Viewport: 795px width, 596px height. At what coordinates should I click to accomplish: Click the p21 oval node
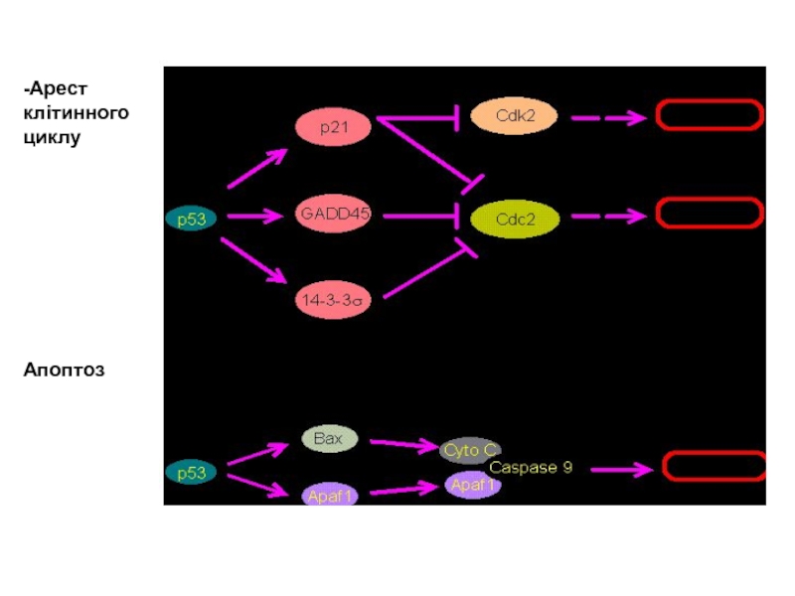(333, 127)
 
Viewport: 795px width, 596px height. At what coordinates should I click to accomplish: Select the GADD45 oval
(333, 214)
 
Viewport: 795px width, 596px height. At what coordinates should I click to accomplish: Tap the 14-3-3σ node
(333, 300)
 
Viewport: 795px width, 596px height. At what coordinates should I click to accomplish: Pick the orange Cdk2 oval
(514, 116)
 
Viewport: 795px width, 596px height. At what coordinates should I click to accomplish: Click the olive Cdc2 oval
(515, 219)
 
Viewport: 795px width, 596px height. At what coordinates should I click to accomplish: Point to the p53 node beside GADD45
(191, 219)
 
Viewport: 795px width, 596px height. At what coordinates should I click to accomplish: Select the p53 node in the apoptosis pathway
(191, 473)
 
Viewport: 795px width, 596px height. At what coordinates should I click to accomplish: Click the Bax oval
(330, 439)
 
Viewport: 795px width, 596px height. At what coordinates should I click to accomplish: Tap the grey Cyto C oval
(470, 451)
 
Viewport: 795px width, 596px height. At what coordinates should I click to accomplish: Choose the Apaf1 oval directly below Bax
(330, 495)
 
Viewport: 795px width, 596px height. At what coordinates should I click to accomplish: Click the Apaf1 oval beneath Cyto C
(473, 485)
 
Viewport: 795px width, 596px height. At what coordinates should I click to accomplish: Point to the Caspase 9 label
(531, 467)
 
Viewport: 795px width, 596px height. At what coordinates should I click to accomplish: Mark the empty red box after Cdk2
(710, 115)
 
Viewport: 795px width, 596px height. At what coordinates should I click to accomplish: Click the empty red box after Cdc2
(710, 213)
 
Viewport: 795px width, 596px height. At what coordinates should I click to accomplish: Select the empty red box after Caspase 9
(715, 466)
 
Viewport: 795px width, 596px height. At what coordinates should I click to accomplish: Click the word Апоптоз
(64, 370)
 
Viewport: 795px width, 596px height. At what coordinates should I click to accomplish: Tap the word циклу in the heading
(52, 138)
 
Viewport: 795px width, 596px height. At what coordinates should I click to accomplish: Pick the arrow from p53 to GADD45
(255, 217)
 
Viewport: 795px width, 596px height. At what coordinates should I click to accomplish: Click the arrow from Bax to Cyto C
(404, 444)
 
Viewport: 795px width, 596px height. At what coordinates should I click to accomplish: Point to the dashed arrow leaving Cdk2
(608, 118)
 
